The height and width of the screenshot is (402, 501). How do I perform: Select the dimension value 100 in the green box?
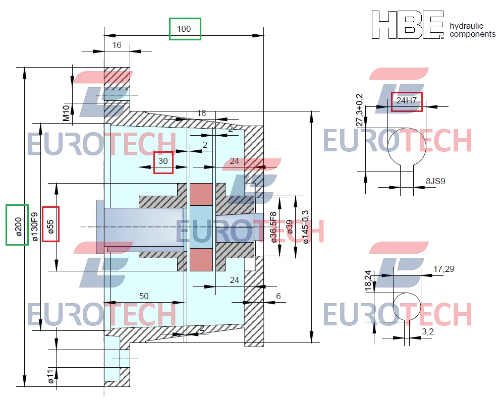(184, 29)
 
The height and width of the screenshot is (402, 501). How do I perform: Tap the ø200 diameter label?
(17, 224)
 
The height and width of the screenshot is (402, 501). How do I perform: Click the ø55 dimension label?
(50, 223)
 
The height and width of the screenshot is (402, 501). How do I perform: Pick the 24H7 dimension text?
(407, 101)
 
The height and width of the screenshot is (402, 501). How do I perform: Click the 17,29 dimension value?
(443, 269)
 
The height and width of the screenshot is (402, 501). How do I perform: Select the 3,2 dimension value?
(428, 332)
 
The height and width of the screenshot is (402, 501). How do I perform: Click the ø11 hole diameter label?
(50, 376)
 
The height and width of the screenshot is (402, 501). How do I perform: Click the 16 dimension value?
(117, 45)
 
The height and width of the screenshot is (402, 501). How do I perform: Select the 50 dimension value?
(144, 296)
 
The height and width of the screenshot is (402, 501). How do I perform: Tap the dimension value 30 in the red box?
(163, 162)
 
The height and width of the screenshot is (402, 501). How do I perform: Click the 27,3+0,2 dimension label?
(359, 110)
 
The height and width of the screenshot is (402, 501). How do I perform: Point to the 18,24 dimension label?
(368, 280)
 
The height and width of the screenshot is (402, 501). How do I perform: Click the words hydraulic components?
(472, 30)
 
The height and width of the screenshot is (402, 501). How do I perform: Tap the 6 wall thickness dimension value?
(278, 296)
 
